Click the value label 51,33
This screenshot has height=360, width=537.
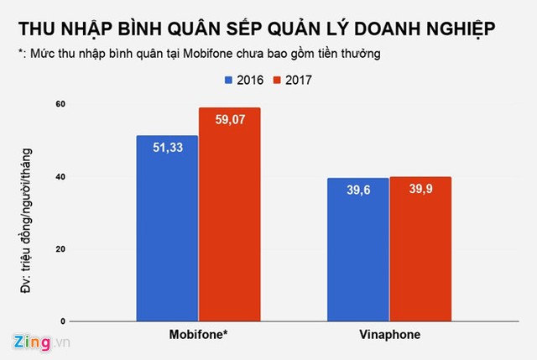(x=168, y=148)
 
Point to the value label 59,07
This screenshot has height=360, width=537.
(x=229, y=120)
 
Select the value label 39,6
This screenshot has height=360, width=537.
(x=358, y=190)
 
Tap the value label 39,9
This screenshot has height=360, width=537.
(x=420, y=190)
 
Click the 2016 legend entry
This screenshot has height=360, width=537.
(x=244, y=81)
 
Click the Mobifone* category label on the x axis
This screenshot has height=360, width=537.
(x=198, y=336)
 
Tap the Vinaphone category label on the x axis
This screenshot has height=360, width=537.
(x=389, y=336)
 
